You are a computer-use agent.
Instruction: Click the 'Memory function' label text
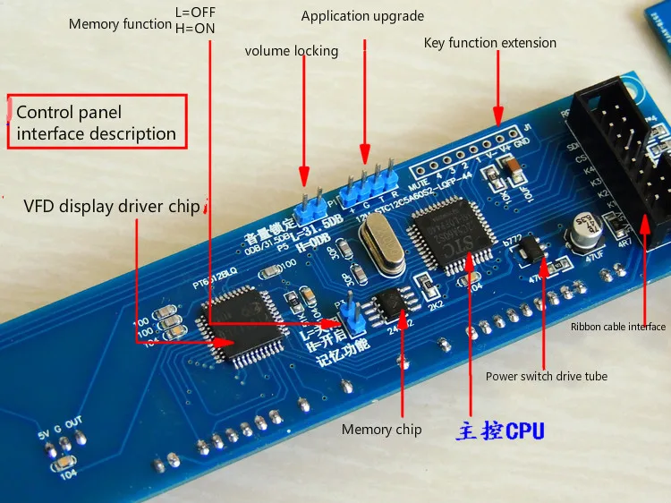119,24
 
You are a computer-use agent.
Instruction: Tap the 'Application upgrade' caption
362,16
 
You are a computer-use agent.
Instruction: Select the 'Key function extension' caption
489,43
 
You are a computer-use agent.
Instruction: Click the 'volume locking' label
292,51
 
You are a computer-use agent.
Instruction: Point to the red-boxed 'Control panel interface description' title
97,123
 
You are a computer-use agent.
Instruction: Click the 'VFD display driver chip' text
112,207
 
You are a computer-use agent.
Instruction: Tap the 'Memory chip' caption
381,430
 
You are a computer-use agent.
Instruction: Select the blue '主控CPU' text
500,431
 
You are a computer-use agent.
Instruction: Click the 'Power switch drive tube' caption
547,376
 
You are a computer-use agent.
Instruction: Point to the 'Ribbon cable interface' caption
618,327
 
